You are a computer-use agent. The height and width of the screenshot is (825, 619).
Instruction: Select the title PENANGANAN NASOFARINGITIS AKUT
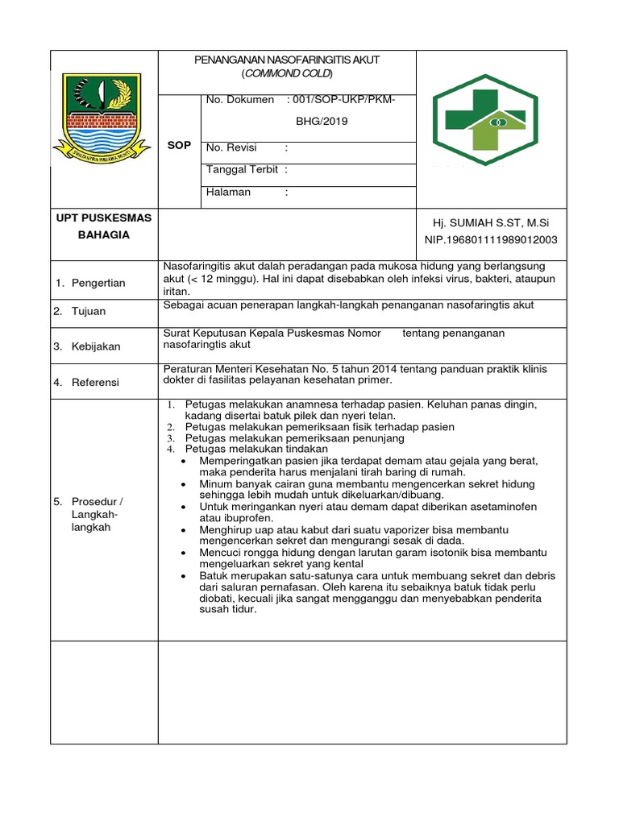pyautogui.click(x=287, y=60)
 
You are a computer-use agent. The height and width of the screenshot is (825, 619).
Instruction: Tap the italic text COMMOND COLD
pyautogui.click(x=287, y=73)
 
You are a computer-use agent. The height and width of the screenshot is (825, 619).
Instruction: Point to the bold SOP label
pyautogui.click(x=179, y=145)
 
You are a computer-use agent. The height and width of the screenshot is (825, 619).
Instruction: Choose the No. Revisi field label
pyautogui.click(x=231, y=147)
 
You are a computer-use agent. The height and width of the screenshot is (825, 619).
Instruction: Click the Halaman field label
pyautogui.click(x=229, y=192)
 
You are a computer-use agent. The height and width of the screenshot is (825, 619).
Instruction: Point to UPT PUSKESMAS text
pyautogui.click(x=104, y=218)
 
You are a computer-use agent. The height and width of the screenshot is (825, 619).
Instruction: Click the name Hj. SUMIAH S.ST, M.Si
pyautogui.click(x=491, y=222)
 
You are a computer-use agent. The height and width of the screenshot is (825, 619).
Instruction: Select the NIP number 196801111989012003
pyautogui.click(x=491, y=239)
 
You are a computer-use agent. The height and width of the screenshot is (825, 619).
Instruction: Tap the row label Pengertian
pyautogui.click(x=98, y=283)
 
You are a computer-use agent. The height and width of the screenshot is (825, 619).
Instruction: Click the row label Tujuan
pyautogui.click(x=89, y=311)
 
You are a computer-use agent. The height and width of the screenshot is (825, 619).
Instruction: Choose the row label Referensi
pyautogui.click(x=95, y=382)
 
